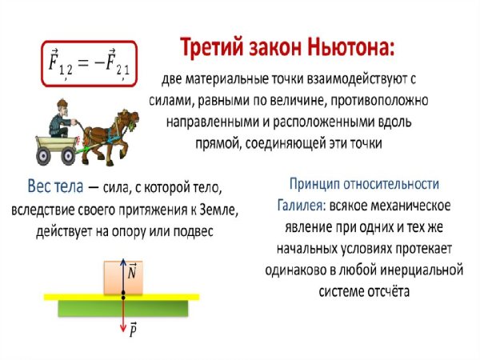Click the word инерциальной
413,270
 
